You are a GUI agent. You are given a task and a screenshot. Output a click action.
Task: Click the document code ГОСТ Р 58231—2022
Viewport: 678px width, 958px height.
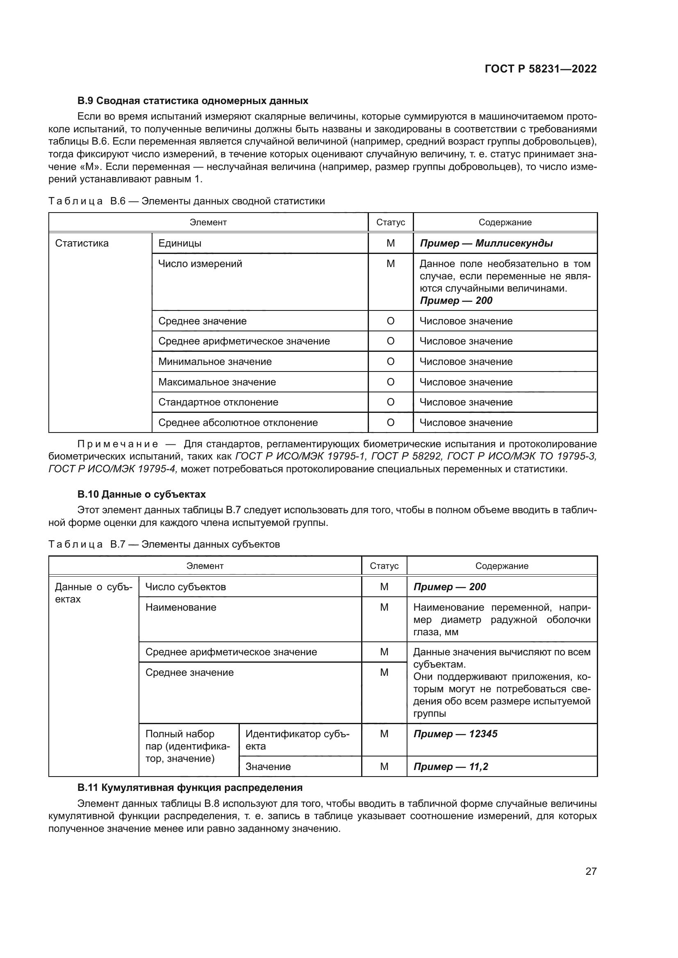pos(541,69)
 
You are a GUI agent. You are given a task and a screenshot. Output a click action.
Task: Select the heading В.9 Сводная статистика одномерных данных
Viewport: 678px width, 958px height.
pos(193,101)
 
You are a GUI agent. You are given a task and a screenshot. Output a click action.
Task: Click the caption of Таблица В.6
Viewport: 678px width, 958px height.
pos(186,201)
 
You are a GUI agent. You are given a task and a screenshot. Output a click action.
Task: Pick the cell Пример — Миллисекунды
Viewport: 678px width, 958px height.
pos(486,243)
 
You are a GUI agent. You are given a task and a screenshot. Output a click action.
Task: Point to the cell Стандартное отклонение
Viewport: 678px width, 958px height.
pos(218,402)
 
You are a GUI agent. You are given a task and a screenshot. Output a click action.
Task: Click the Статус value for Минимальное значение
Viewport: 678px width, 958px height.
pos(390,362)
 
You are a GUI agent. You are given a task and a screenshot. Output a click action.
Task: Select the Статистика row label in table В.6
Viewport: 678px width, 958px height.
pos(82,243)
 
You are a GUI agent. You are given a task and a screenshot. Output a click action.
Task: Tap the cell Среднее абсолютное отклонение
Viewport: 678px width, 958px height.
pos(238,423)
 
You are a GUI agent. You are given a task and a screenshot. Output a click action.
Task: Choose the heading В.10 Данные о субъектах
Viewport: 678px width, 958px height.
pos(141,494)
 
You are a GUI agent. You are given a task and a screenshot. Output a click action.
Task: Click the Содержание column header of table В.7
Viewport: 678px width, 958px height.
pos(501,566)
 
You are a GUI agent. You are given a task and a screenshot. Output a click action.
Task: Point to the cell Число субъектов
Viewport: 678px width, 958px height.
pos(185,587)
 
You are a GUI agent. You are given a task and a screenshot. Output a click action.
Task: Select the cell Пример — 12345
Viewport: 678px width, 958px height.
pos(455,734)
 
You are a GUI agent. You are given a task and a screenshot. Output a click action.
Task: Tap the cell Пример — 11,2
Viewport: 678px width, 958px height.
pos(450,766)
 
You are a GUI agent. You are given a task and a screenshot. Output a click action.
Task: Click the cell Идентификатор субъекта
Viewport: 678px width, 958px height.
pos(297,740)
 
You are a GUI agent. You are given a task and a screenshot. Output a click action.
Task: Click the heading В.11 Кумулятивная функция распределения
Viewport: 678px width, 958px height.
pos(189,788)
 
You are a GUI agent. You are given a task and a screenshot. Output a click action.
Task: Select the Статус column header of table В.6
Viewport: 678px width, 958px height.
pos(390,222)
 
